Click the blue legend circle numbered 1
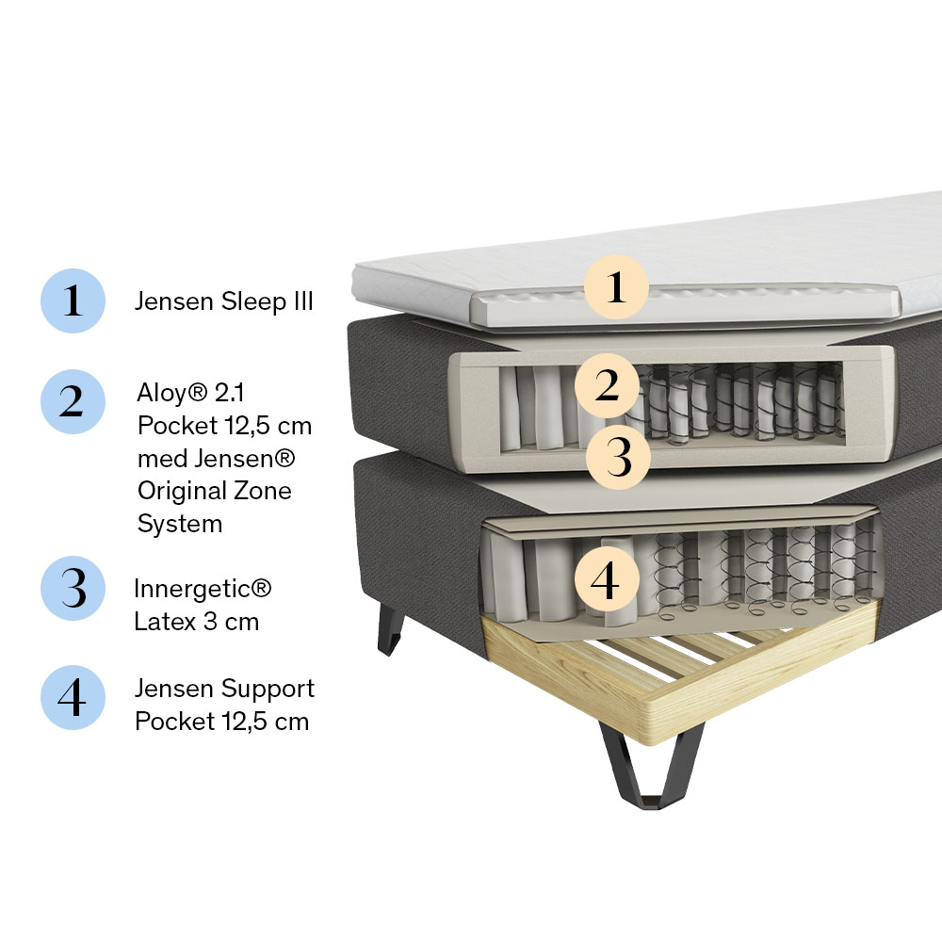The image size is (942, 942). tap(73, 300)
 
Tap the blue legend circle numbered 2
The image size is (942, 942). tap(73, 401)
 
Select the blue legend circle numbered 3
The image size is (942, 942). tap(73, 588)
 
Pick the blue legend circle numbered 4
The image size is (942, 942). tap(73, 697)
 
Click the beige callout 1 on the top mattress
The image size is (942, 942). tap(616, 287)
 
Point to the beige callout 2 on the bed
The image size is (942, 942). tap(607, 385)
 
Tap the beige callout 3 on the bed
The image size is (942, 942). tap(618, 457)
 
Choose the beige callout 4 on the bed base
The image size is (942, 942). tap(607, 579)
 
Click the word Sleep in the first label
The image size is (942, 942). tap(253, 302)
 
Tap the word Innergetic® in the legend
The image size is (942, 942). tap(203, 589)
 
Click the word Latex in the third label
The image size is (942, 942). tap(165, 621)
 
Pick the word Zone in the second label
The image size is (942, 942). tap(263, 491)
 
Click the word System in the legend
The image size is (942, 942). tap(180, 525)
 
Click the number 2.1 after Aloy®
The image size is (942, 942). tap(230, 393)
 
